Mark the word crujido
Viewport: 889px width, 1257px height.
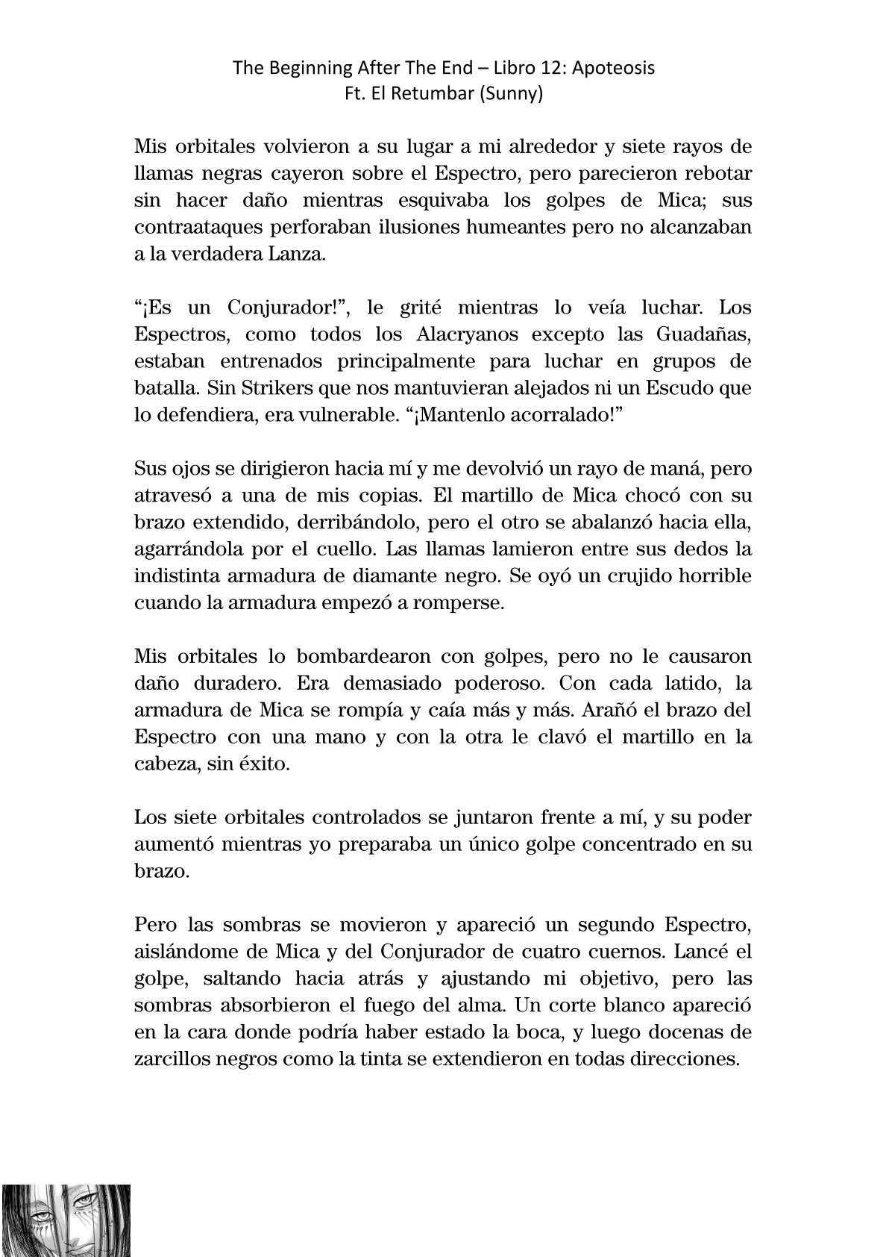tap(654, 576)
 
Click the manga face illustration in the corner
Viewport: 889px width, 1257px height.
tap(66, 1220)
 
